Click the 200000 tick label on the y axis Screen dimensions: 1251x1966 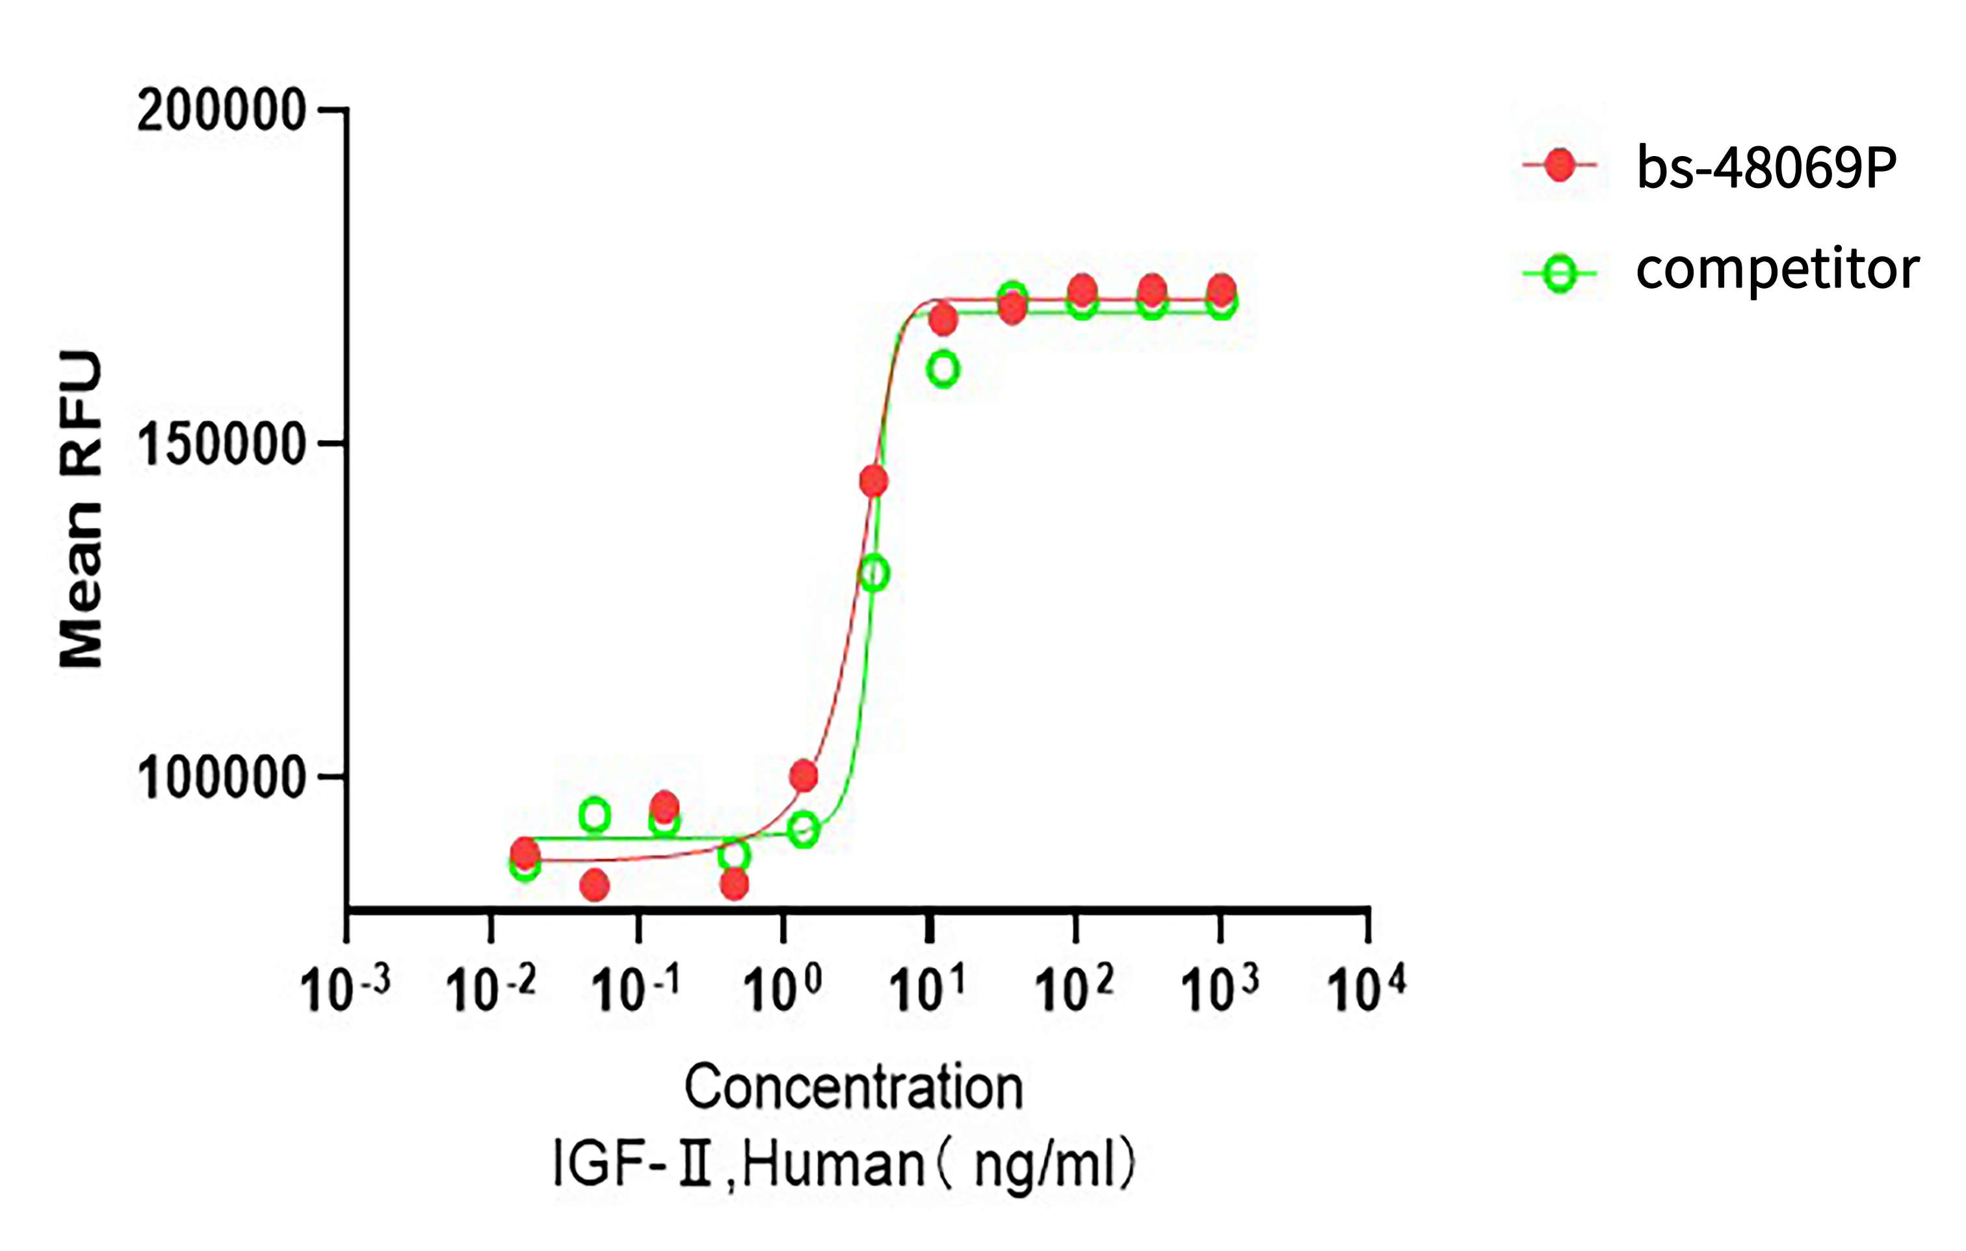[221, 111]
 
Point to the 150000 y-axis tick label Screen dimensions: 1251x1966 [221, 444]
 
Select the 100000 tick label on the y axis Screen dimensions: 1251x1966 [221, 778]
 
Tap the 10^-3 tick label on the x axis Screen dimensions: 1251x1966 [345, 989]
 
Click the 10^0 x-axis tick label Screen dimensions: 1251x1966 [781, 989]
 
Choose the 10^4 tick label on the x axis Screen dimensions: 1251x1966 [1366, 989]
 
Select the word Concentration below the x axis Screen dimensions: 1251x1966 [853, 1088]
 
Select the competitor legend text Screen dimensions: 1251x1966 [1777, 269]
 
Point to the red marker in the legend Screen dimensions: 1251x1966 [1560, 166]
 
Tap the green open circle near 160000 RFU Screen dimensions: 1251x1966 [943, 369]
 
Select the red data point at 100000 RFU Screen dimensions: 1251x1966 [804, 775]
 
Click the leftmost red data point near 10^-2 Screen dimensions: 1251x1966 [524, 853]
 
